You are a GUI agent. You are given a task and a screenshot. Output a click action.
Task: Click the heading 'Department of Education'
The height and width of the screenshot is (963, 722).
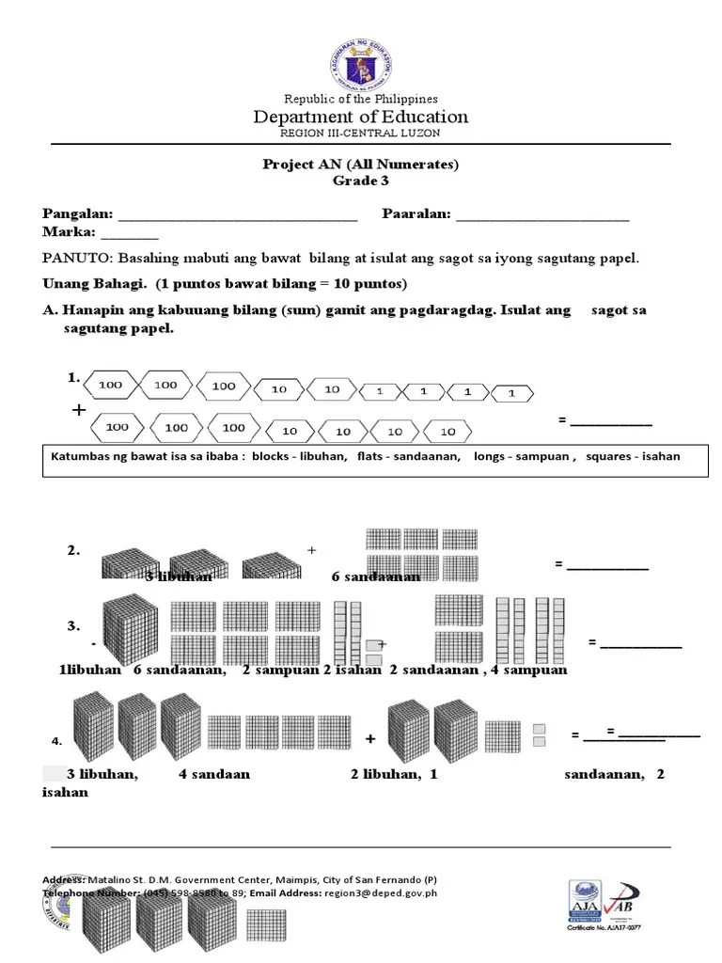[360, 117]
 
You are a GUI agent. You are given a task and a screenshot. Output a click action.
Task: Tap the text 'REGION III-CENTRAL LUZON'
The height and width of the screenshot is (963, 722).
[360, 134]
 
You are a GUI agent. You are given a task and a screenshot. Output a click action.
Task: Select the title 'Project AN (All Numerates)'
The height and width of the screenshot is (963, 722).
[360, 165]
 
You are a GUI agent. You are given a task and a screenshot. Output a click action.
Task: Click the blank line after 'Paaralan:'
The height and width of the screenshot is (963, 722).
[542, 215]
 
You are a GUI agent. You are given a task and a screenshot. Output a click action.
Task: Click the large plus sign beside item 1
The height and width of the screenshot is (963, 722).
[78, 411]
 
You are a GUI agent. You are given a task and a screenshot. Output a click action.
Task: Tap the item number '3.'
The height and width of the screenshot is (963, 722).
[73, 626]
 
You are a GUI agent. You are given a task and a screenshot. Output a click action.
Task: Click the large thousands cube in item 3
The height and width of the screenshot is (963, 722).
[130, 630]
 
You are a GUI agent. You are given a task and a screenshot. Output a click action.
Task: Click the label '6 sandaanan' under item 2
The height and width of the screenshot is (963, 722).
[375, 576]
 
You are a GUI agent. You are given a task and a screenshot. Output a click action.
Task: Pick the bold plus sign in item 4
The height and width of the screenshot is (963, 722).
[370, 739]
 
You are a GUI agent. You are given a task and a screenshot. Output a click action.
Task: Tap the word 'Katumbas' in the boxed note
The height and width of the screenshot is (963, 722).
[79, 456]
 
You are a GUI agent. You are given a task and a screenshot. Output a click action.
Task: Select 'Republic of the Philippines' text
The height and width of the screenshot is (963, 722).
[360, 99]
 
